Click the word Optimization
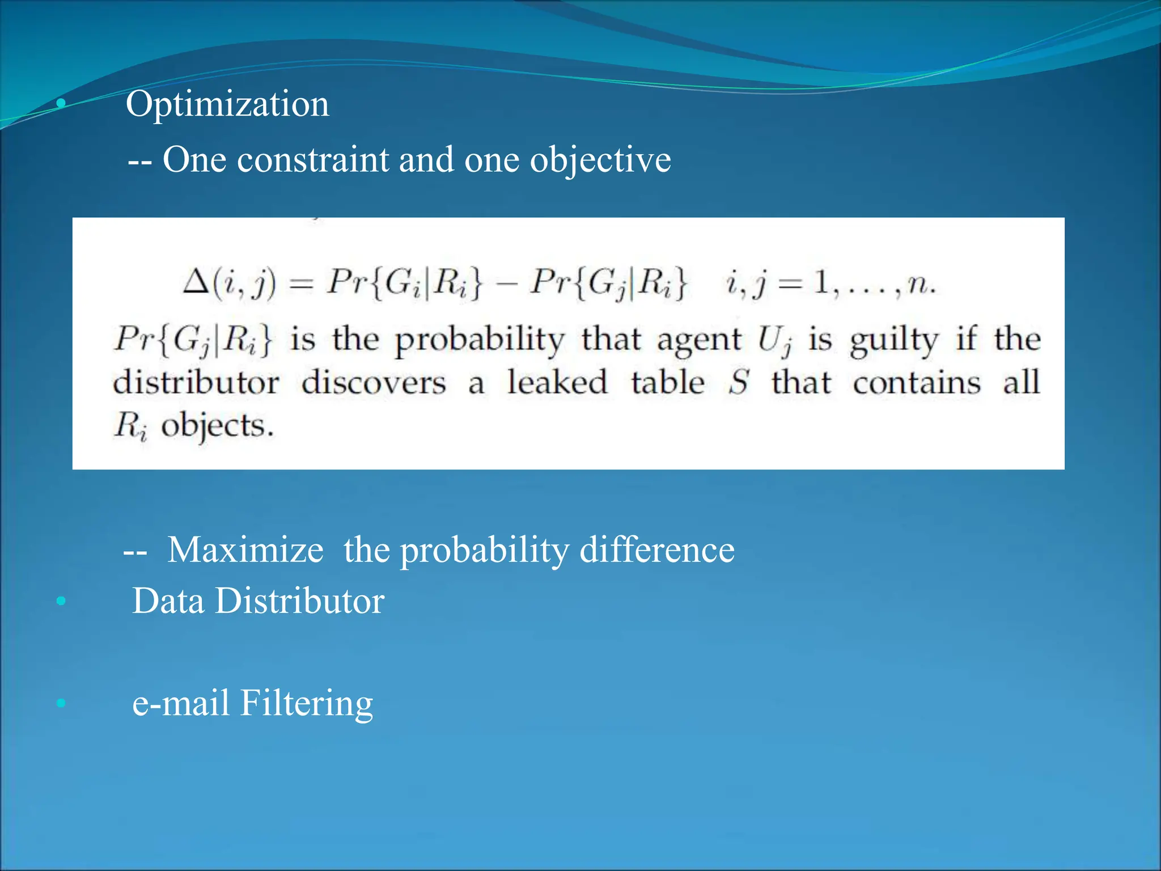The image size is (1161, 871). pyautogui.click(x=227, y=105)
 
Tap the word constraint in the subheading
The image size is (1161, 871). pyautogui.click(x=313, y=159)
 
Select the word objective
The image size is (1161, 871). pyautogui.click(x=600, y=160)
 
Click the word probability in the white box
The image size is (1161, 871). pyautogui.click(x=479, y=340)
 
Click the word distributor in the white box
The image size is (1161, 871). pyautogui.click(x=196, y=382)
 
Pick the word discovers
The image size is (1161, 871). pyautogui.click(x=374, y=383)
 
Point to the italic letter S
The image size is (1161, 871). pyautogui.click(x=739, y=382)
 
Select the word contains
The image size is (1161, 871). pyautogui.click(x=917, y=383)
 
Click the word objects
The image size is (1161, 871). pyautogui.click(x=217, y=426)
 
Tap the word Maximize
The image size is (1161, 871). pyautogui.click(x=245, y=549)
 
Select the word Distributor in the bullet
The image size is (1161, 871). pyautogui.click(x=299, y=601)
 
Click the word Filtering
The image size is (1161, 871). pyautogui.click(x=307, y=703)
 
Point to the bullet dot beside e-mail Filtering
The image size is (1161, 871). pyautogui.click(x=61, y=704)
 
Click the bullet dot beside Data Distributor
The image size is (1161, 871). pyautogui.click(x=61, y=601)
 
